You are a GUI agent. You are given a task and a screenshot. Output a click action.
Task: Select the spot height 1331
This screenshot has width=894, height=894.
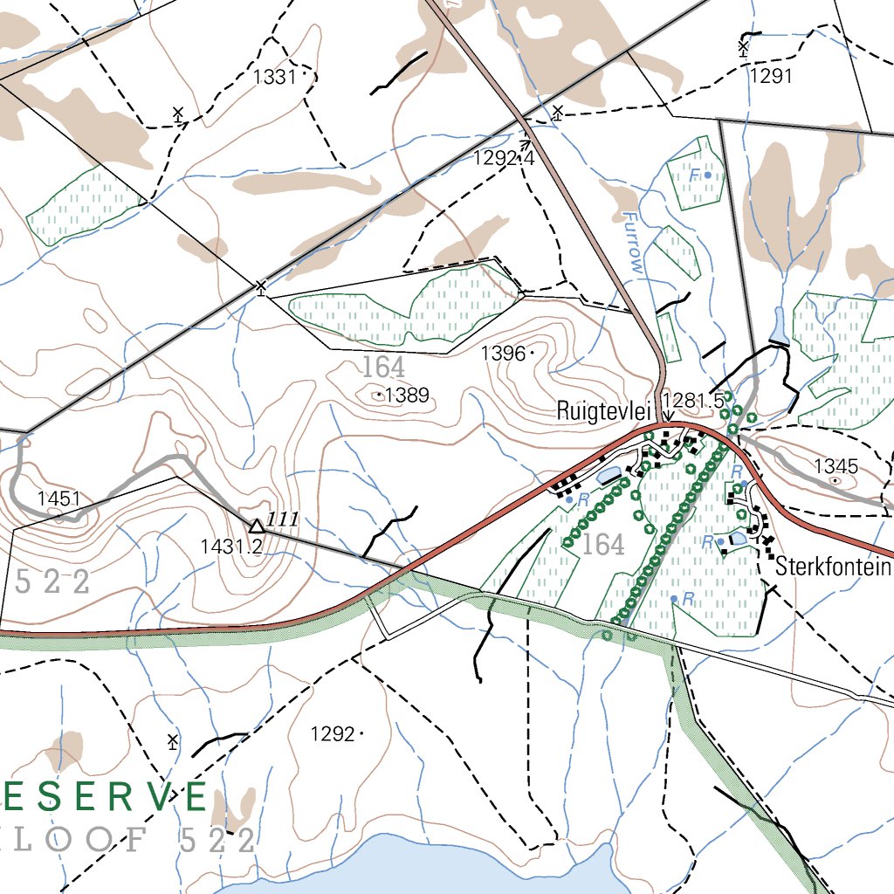275,77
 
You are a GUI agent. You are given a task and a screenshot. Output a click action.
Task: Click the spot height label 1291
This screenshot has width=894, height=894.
771,76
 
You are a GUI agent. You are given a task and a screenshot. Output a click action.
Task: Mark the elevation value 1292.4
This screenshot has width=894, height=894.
503,158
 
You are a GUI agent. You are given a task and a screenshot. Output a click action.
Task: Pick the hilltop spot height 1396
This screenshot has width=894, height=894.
504,354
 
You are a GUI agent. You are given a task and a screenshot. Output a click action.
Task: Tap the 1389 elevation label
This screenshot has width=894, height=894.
408,395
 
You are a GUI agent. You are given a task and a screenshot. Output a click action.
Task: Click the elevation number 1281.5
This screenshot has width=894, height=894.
693,400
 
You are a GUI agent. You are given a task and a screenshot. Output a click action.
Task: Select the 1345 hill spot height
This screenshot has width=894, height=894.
836,466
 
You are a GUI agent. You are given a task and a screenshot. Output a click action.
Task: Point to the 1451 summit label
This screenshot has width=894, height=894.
58,499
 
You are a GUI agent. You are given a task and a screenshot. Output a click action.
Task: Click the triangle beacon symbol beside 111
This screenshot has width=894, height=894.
257,525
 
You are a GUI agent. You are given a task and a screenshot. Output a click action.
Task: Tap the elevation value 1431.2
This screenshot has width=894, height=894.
231,547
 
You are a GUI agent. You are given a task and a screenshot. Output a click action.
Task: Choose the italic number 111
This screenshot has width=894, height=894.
284,520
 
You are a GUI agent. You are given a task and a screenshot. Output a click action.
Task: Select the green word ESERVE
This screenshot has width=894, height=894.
105,796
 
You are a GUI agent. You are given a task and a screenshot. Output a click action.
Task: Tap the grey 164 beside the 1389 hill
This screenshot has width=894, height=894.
384,367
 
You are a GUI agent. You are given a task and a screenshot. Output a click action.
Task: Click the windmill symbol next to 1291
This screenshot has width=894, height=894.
743,47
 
